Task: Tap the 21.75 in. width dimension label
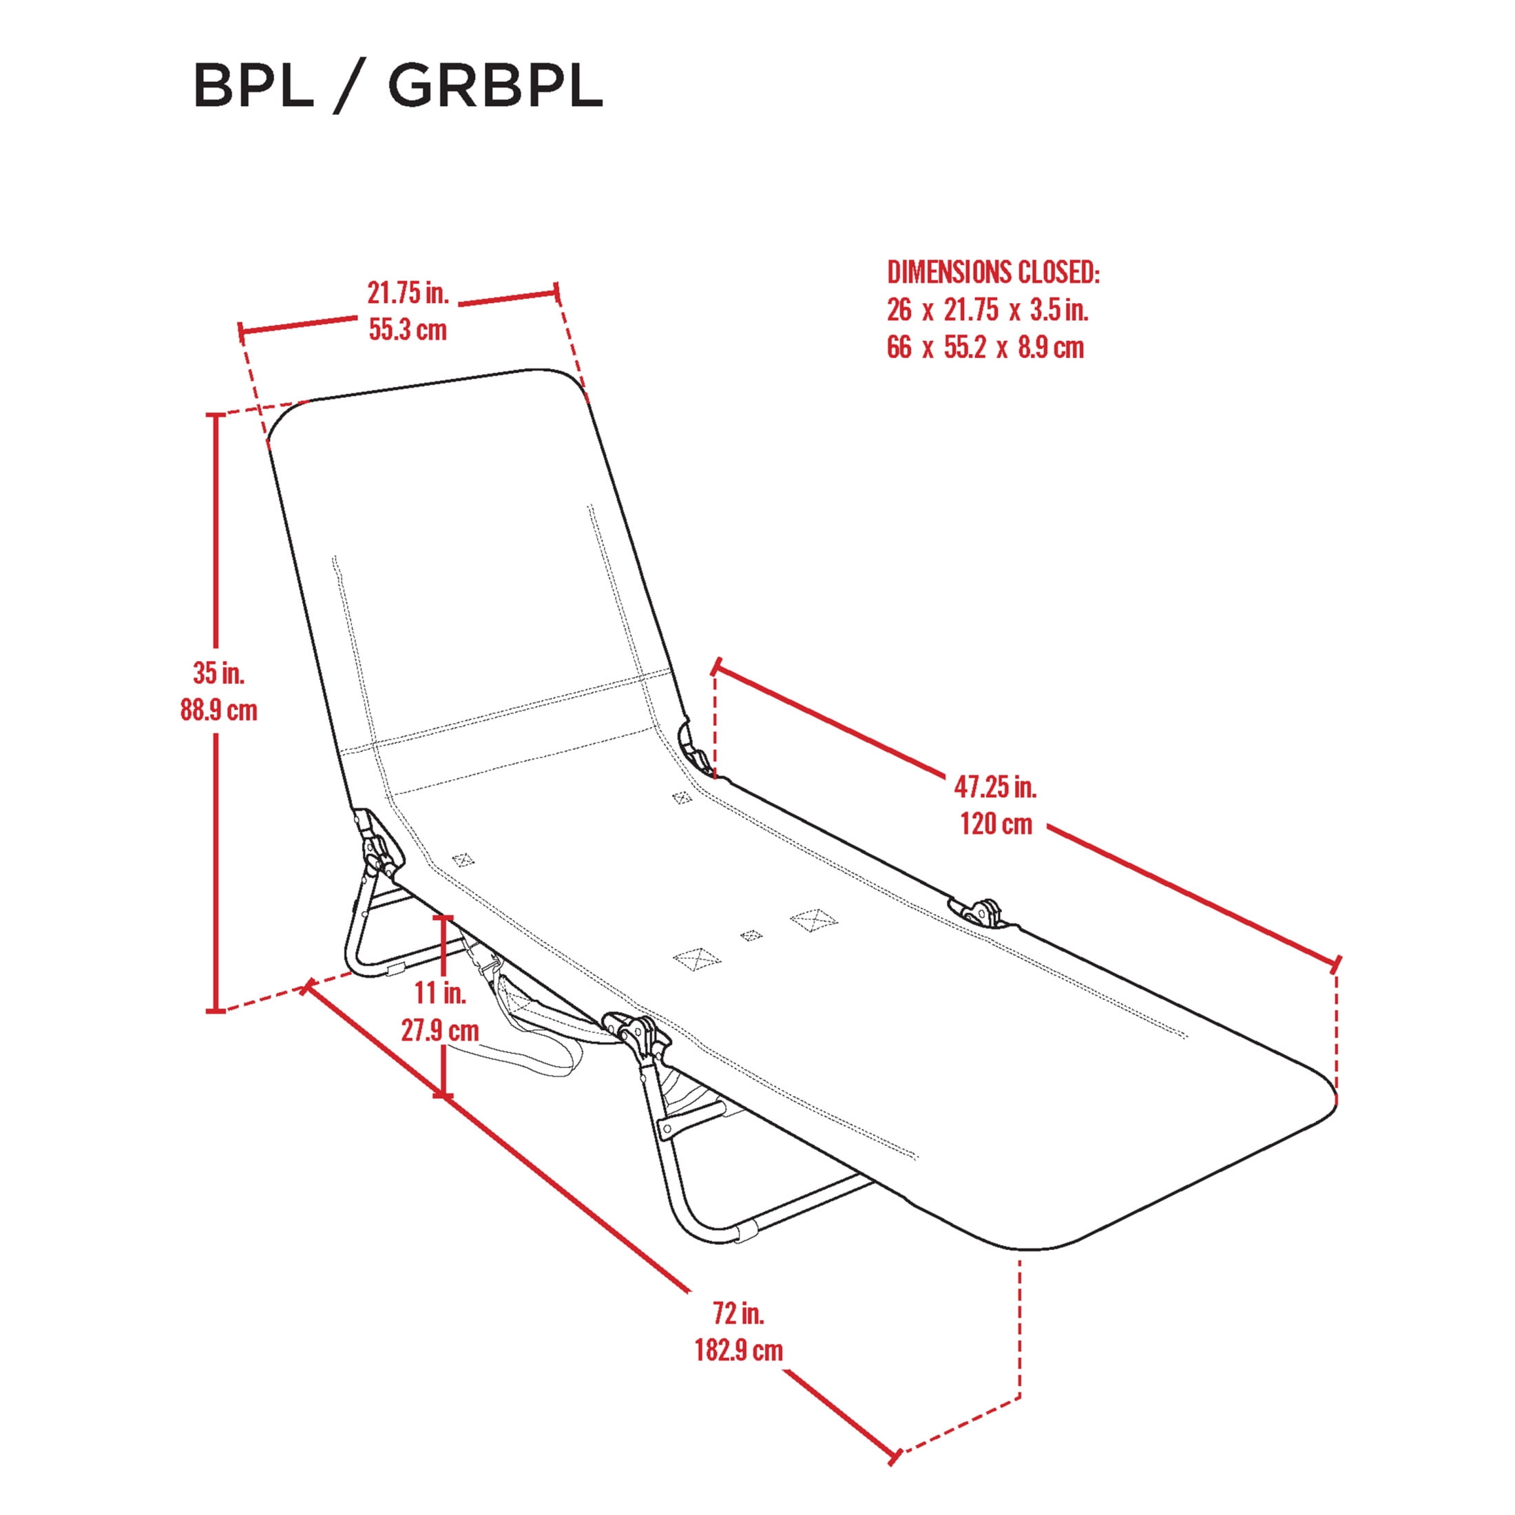click(x=408, y=293)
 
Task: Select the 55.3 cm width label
click(x=408, y=329)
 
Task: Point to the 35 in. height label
click(x=219, y=673)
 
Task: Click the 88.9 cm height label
click(x=219, y=711)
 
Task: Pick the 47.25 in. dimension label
click(x=995, y=786)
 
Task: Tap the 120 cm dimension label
click(x=996, y=824)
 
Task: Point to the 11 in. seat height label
click(x=440, y=993)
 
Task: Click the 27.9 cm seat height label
click(x=440, y=1030)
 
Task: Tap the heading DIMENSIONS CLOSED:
click(x=994, y=272)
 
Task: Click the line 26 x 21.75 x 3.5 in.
click(x=988, y=310)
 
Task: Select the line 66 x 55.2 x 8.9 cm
click(x=985, y=346)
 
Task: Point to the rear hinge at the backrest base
click(x=375, y=842)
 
